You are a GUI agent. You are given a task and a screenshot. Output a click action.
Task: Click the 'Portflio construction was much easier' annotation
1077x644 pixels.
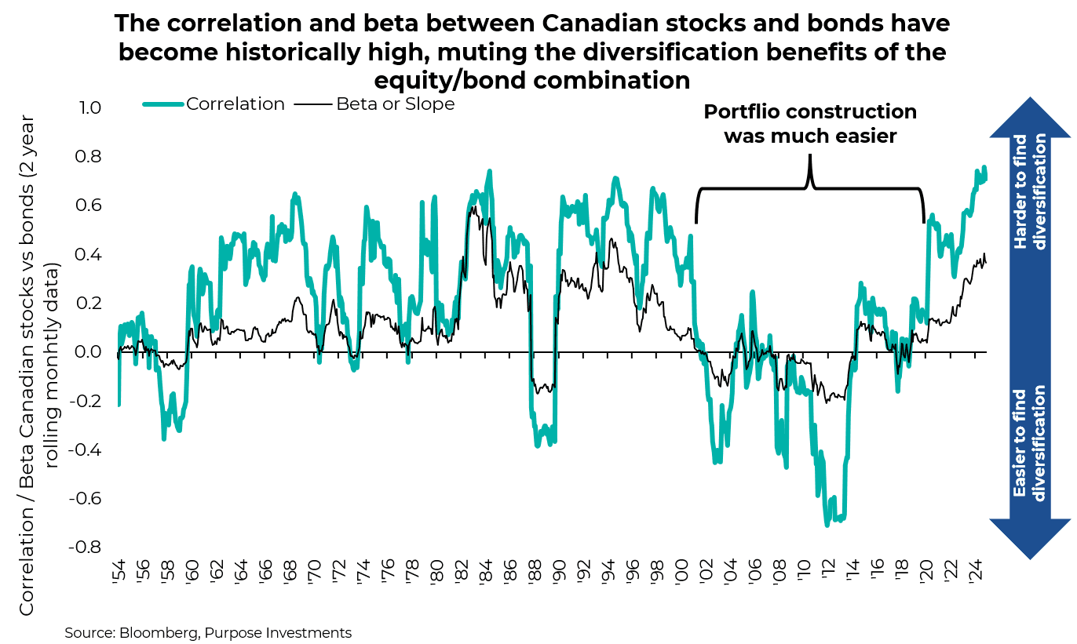[809, 124]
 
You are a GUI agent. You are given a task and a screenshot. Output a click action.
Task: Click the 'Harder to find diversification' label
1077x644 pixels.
[1030, 192]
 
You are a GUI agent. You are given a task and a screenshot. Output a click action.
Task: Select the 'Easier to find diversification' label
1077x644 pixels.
[1030, 444]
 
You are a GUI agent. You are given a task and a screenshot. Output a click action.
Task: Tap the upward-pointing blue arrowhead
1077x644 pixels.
[1030, 118]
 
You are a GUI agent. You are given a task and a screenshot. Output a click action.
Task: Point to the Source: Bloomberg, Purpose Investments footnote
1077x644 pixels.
[208, 632]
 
